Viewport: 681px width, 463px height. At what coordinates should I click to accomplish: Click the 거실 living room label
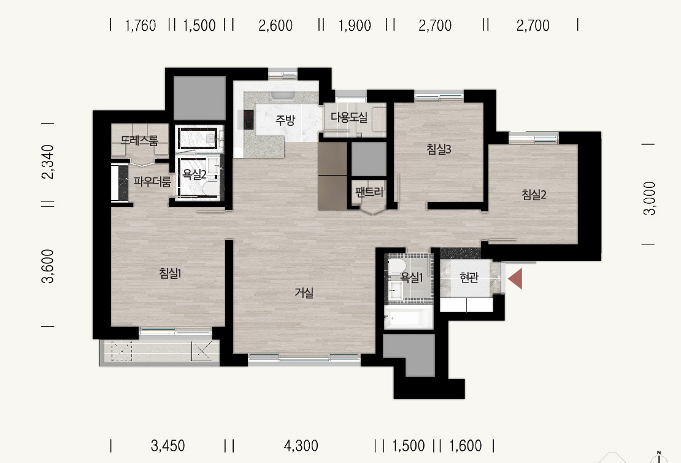click(x=304, y=293)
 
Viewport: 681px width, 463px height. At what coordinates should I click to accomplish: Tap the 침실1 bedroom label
click(x=170, y=273)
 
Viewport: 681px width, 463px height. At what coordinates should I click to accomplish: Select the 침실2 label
click(x=534, y=194)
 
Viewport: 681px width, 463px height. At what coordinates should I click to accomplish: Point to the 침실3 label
click(x=439, y=150)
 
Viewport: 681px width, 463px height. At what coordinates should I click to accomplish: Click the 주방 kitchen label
click(x=285, y=120)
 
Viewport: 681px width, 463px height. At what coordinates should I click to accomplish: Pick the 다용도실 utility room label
click(x=349, y=117)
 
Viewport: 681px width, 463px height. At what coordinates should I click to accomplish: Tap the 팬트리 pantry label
click(x=369, y=192)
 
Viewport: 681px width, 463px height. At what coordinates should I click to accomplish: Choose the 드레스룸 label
click(x=139, y=140)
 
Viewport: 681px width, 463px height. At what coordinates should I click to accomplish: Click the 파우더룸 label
click(x=152, y=181)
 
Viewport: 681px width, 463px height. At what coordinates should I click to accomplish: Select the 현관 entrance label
click(x=469, y=278)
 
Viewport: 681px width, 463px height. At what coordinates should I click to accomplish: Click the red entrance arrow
click(x=515, y=279)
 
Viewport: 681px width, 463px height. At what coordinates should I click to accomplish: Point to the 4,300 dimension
click(x=301, y=446)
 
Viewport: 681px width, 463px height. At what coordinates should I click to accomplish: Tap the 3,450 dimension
click(x=167, y=446)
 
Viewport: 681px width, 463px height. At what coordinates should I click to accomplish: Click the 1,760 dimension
click(x=140, y=26)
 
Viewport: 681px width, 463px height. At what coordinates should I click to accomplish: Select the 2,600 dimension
click(x=275, y=26)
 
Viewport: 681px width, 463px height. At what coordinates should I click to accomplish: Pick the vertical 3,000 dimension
click(x=649, y=198)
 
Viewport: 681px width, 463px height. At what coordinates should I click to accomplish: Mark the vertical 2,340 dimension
click(x=47, y=161)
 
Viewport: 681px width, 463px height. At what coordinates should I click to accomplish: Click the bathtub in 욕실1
click(x=408, y=317)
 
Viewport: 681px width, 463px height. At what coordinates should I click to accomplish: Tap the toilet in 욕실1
click(x=396, y=266)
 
